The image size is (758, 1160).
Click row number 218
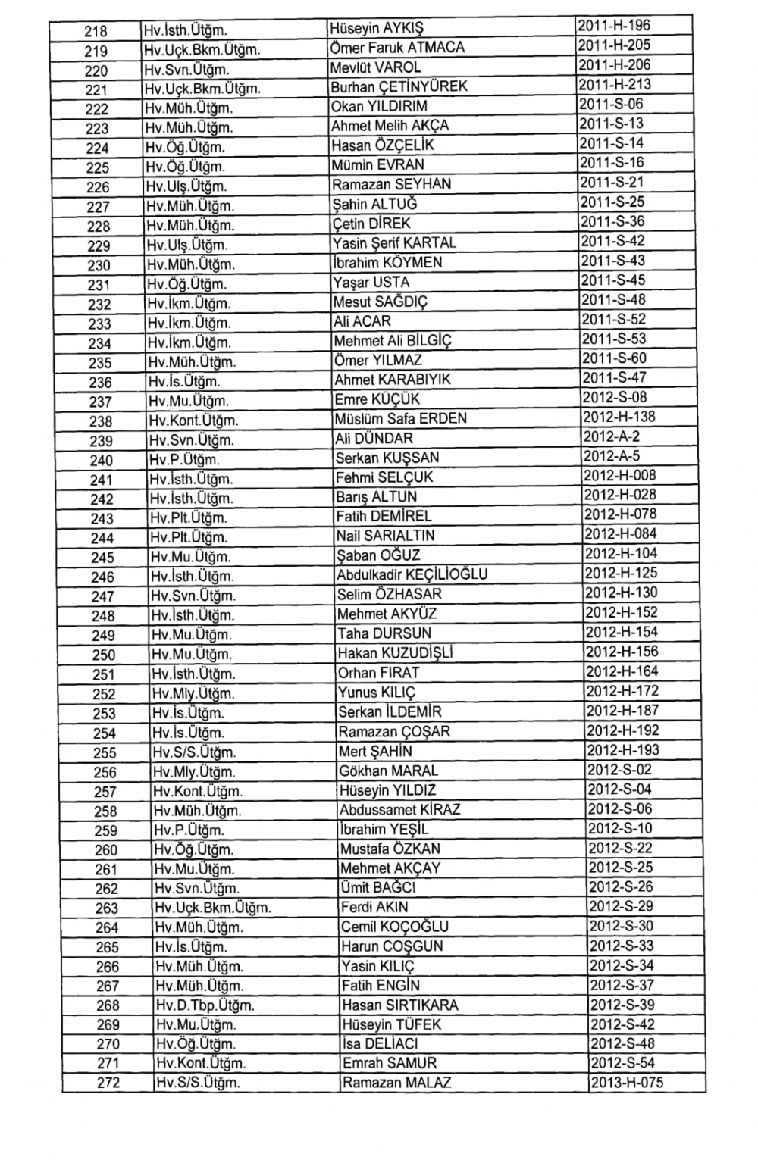[x=96, y=32]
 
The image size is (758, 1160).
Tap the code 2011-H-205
[x=613, y=46]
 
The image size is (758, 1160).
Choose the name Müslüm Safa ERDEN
[x=401, y=419]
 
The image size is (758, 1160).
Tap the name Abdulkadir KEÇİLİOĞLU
[x=412, y=575]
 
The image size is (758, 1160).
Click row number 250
[x=103, y=655]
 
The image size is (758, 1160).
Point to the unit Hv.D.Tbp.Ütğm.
[x=205, y=1005]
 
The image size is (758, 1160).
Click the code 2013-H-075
[x=627, y=1082]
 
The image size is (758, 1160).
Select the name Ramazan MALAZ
[x=397, y=1083]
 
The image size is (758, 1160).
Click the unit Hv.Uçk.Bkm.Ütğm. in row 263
[x=213, y=908]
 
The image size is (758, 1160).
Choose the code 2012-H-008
[x=620, y=476]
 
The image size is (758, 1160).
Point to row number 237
[x=100, y=402]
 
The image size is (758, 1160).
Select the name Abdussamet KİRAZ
[x=400, y=810]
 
